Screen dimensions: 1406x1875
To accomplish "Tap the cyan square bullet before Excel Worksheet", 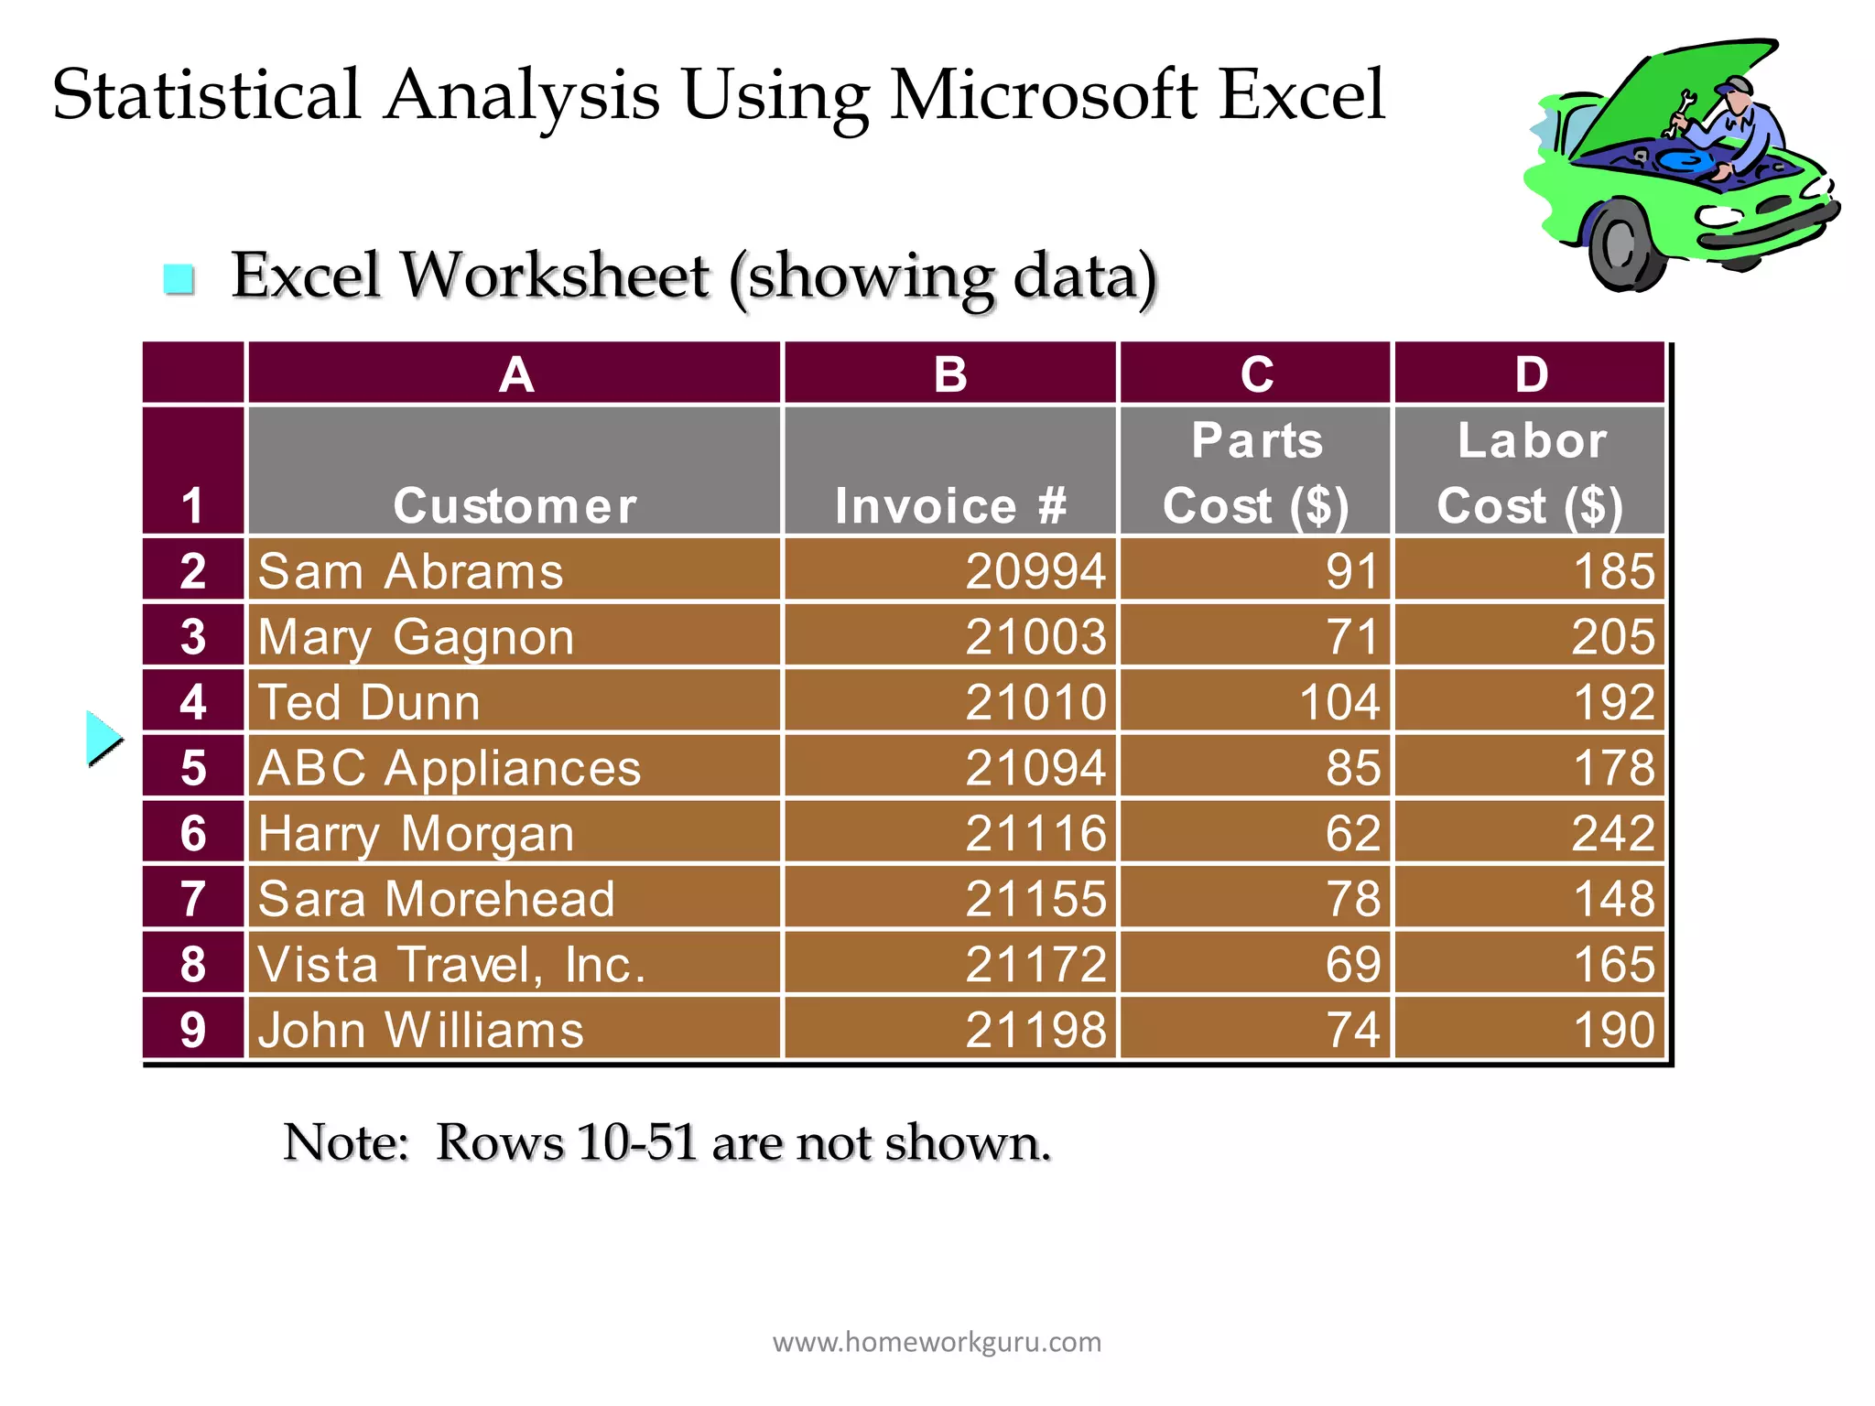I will [x=179, y=279].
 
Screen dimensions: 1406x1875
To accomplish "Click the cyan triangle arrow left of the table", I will [x=103, y=738].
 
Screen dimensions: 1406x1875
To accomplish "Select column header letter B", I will [x=950, y=374].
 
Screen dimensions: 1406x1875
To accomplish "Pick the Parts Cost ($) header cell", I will [x=1255, y=472].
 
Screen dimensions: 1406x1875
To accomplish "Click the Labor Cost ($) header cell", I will [x=1530, y=472].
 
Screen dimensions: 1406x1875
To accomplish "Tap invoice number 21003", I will [x=1035, y=637].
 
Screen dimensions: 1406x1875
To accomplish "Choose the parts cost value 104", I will [x=1339, y=703].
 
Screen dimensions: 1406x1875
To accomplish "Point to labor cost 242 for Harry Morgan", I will [x=1613, y=834].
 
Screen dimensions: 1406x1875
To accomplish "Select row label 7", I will [x=193, y=899].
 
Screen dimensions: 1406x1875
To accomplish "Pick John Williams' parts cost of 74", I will [x=1353, y=1030].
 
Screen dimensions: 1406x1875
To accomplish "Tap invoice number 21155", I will [x=1035, y=899].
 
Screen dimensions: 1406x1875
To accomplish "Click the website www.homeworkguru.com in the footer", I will [x=937, y=1342].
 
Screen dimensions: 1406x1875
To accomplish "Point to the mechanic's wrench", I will [x=1680, y=114].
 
